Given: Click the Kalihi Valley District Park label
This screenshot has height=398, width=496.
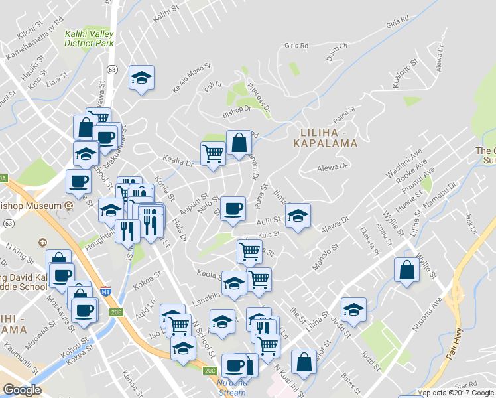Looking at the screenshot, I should (x=90, y=38).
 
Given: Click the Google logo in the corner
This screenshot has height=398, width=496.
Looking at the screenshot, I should (x=22, y=390).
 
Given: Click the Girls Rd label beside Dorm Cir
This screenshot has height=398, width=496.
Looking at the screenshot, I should (x=296, y=46).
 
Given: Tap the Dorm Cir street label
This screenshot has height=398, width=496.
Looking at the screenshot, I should (x=335, y=47).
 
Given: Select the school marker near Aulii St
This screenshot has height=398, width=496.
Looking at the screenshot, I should (x=298, y=215).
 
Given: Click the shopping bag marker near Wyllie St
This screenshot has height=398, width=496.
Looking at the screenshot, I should (x=406, y=269).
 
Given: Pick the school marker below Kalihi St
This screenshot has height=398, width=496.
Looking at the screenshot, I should (x=141, y=78).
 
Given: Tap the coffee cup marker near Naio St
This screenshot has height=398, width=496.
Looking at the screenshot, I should (x=233, y=208).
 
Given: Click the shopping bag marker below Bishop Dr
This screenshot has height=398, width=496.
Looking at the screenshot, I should (x=239, y=142).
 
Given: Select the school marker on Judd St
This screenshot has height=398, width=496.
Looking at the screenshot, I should (x=353, y=310).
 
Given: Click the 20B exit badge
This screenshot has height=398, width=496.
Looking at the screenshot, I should (x=117, y=312).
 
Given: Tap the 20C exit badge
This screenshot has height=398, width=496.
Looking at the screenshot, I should (x=210, y=370).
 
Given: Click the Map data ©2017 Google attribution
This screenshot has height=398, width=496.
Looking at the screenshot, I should (x=456, y=393).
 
